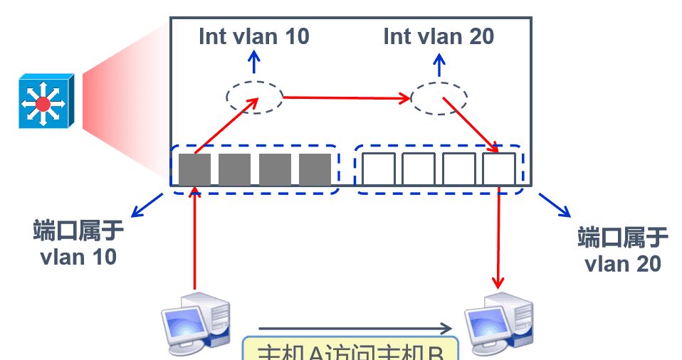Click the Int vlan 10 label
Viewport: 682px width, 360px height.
(254, 36)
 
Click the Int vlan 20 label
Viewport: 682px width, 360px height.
(439, 36)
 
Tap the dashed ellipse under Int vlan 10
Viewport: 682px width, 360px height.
(254, 96)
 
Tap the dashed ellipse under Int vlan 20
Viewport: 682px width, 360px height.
(439, 98)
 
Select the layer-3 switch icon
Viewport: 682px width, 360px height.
(44, 103)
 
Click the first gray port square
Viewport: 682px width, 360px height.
(194, 169)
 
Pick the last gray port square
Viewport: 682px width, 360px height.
(315, 169)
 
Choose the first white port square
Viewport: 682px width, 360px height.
(378, 169)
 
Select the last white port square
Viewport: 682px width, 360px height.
(498, 169)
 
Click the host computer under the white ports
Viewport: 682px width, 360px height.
(498, 322)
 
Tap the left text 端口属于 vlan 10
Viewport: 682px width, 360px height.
(78, 243)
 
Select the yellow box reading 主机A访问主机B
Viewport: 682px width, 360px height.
(349, 350)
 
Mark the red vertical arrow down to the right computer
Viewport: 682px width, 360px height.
(499, 235)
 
